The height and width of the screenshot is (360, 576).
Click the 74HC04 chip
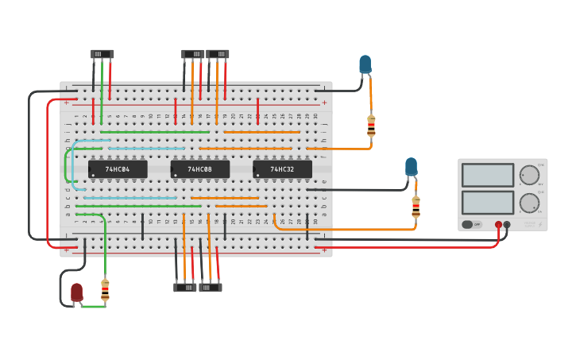[x=118, y=169]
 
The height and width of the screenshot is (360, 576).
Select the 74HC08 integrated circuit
[x=200, y=169]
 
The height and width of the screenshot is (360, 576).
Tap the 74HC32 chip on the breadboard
[x=282, y=169]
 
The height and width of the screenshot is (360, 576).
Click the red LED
[x=76, y=292]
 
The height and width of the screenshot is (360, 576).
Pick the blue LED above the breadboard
[x=365, y=64]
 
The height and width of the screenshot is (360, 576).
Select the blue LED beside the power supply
[x=411, y=167]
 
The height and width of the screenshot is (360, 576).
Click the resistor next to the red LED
[x=105, y=289]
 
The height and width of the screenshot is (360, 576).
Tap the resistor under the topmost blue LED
[x=371, y=125]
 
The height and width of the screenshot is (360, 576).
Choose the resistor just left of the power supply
[x=416, y=207]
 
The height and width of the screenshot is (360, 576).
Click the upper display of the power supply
[x=488, y=175]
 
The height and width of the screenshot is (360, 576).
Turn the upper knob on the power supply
[x=529, y=175]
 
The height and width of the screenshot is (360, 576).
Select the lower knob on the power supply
[x=529, y=203]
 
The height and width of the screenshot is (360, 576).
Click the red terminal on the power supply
[x=499, y=225]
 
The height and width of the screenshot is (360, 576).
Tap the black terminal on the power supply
[x=508, y=225]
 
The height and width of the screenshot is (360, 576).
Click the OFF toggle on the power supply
[x=473, y=225]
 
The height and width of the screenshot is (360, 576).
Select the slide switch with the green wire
[x=102, y=54]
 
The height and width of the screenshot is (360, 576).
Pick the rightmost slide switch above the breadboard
[x=218, y=54]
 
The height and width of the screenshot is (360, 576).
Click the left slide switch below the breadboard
[x=185, y=287]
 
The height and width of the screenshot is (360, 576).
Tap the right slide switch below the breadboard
[x=211, y=287]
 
